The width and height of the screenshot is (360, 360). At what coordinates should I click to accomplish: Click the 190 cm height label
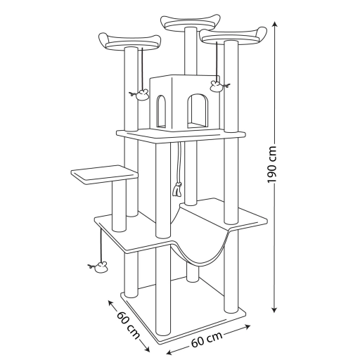(272, 165)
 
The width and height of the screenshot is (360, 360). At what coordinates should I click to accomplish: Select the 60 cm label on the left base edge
(128, 325)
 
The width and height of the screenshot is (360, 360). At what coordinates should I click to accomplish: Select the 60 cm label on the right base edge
(207, 340)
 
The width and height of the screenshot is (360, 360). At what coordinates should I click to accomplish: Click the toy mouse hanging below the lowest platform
(99, 266)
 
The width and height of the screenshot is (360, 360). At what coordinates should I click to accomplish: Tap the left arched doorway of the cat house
(162, 111)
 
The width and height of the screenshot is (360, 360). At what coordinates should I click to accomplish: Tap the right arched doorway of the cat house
(198, 111)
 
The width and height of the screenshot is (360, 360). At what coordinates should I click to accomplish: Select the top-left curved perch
(130, 41)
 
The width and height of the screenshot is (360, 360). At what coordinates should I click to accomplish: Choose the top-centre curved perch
(191, 22)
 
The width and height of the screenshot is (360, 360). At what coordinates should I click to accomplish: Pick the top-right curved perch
(233, 36)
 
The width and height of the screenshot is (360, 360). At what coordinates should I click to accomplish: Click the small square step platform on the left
(104, 174)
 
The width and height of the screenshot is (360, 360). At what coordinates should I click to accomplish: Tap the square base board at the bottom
(183, 318)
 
